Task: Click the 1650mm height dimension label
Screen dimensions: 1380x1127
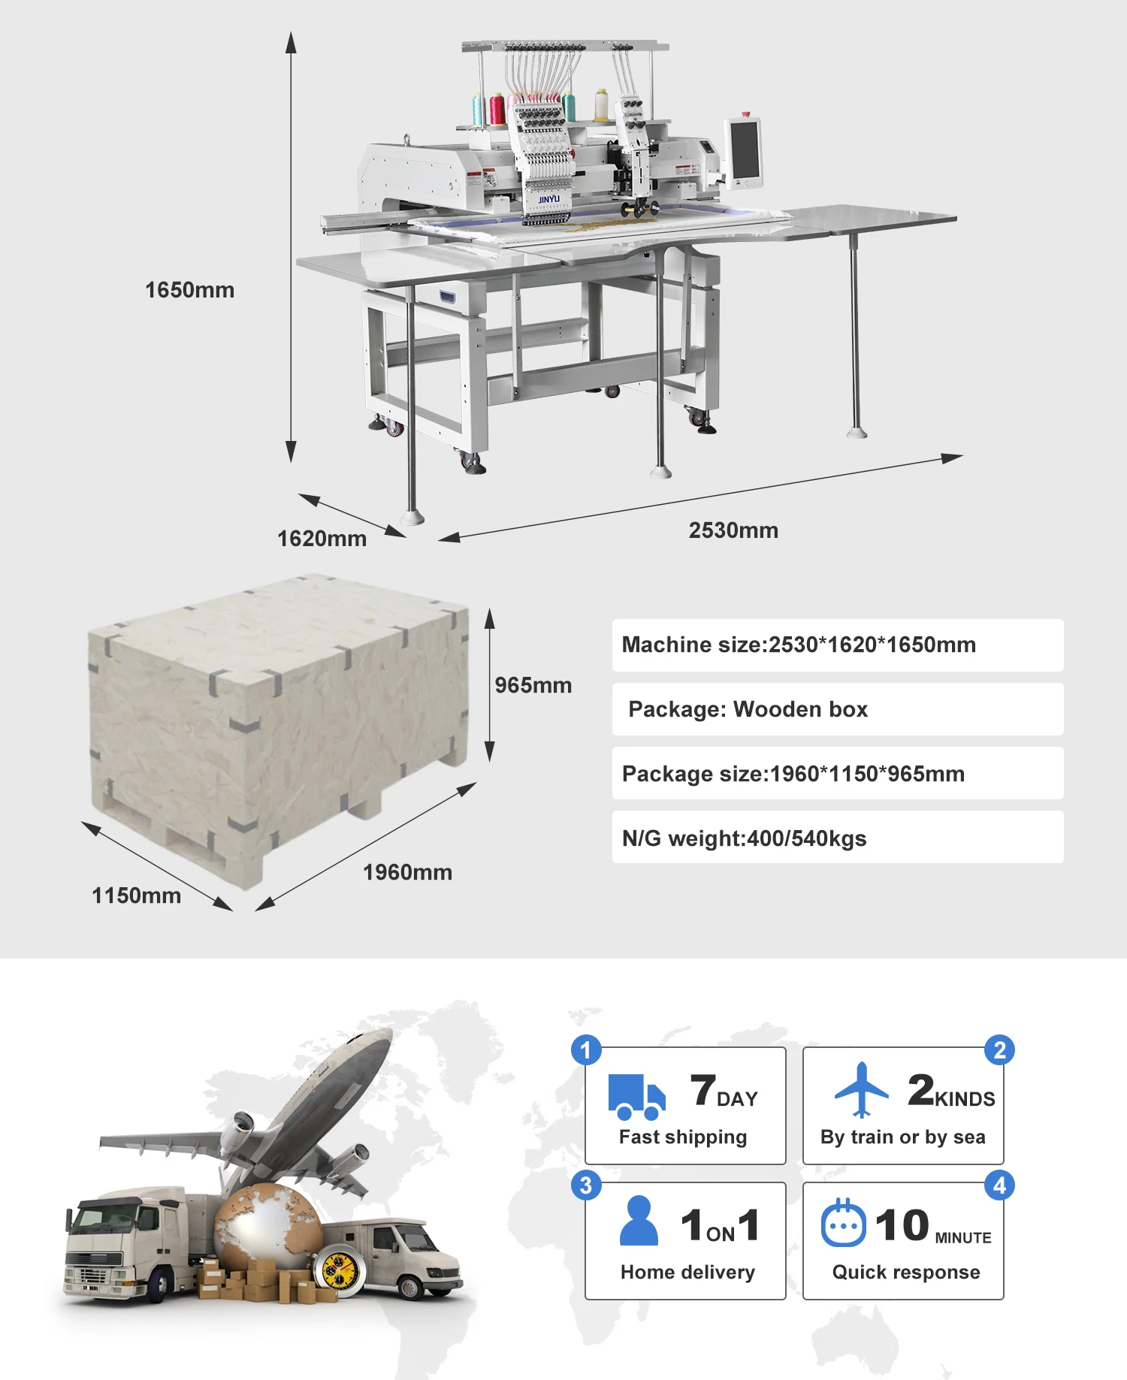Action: click(x=189, y=290)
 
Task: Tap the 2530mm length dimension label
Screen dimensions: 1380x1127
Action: click(x=733, y=530)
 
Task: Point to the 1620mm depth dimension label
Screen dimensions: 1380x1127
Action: click(x=322, y=539)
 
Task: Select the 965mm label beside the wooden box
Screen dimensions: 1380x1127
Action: click(x=533, y=685)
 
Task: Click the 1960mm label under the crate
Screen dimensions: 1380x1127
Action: click(x=407, y=872)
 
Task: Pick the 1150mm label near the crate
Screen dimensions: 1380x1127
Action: click(x=136, y=895)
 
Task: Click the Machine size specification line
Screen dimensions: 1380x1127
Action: click(x=799, y=645)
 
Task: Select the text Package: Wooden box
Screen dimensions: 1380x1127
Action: click(x=748, y=709)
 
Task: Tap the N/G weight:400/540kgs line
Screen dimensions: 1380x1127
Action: click(x=744, y=838)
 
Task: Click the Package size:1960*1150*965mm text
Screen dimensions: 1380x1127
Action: click(x=793, y=774)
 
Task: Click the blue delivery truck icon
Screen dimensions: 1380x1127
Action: click(x=636, y=1097)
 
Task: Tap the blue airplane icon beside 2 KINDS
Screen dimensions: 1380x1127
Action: click(x=861, y=1089)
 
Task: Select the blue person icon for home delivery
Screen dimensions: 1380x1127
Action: click(x=639, y=1221)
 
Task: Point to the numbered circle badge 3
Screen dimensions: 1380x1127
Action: click(x=586, y=1185)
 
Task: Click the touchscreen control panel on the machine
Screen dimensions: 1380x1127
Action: click(x=744, y=149)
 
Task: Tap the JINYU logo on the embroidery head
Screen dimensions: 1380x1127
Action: click(x=548, y=199)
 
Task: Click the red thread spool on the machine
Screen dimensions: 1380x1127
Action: click(x=497, y=109)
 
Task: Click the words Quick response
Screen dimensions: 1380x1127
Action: click(x=905, y=1272)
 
